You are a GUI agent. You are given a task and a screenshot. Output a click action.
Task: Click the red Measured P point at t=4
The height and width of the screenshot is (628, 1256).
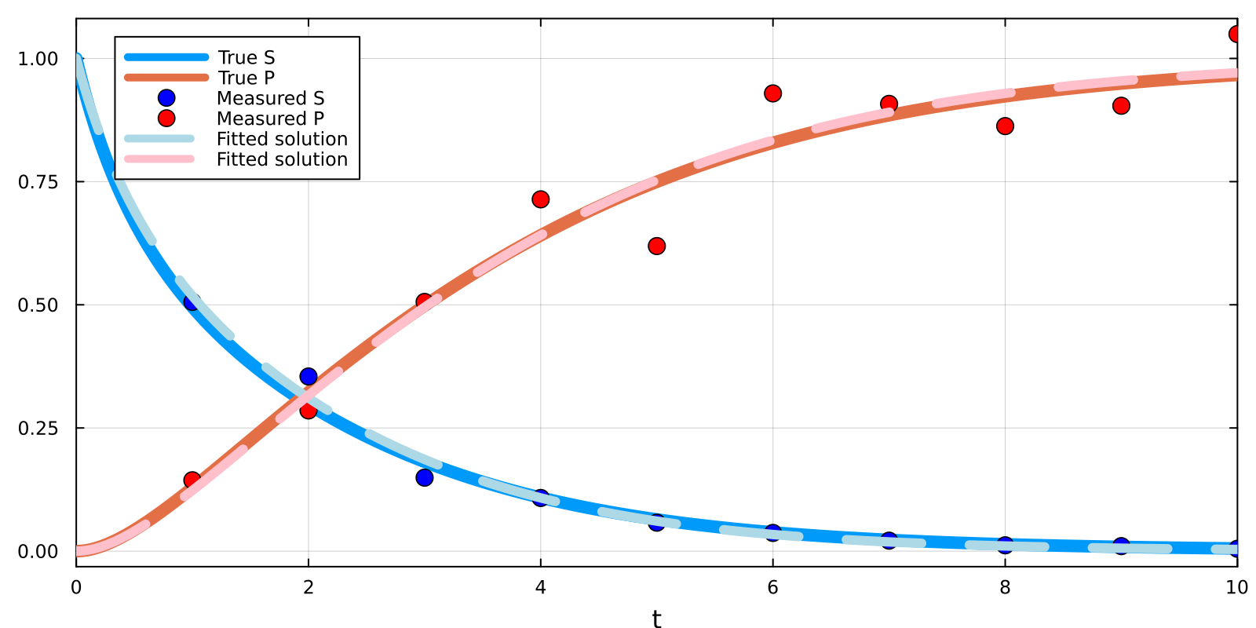[540, 199]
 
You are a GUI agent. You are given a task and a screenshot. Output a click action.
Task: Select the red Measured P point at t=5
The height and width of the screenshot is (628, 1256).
[657, 246]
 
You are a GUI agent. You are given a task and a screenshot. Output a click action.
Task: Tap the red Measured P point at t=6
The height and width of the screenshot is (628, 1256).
[772, 93]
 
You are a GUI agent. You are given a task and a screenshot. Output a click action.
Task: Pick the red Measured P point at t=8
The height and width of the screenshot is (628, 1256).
[1005, 126]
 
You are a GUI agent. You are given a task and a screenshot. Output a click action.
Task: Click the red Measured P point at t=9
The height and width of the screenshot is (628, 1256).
[1121, 106]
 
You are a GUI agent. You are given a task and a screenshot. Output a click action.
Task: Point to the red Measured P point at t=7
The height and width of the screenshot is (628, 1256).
[889, 104]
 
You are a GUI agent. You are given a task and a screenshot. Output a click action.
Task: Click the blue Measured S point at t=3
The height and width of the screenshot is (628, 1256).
[425, 477]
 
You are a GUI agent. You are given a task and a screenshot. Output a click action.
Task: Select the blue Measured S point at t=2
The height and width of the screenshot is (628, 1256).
[309, 377]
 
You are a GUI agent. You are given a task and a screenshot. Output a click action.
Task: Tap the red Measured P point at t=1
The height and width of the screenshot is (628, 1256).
[192, 480]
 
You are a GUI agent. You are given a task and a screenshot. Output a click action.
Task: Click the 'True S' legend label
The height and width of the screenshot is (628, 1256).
[246, 57]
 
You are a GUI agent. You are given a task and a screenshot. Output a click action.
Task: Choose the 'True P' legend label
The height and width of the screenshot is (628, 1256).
[246, 78]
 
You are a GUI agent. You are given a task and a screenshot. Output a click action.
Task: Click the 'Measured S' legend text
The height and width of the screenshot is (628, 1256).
[270, 98]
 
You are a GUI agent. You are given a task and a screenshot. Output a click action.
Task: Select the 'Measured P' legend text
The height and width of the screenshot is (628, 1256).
[270, 119]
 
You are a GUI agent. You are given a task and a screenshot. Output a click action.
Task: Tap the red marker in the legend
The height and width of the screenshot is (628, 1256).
[166, 119]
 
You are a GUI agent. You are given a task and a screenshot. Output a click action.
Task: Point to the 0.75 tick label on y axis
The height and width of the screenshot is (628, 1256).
[38, 182]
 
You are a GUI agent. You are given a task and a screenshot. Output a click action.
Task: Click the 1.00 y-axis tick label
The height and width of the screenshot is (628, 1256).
[38, 59]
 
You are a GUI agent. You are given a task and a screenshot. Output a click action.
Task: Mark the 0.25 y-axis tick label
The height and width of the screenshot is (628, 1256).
[38, 429]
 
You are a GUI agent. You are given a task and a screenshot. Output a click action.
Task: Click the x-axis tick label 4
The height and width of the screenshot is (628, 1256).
[540, 587]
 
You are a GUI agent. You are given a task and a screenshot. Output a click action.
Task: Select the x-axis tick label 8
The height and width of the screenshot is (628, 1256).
[1005, 587]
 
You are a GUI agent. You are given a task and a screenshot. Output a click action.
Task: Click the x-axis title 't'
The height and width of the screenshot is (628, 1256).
[656, 619]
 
